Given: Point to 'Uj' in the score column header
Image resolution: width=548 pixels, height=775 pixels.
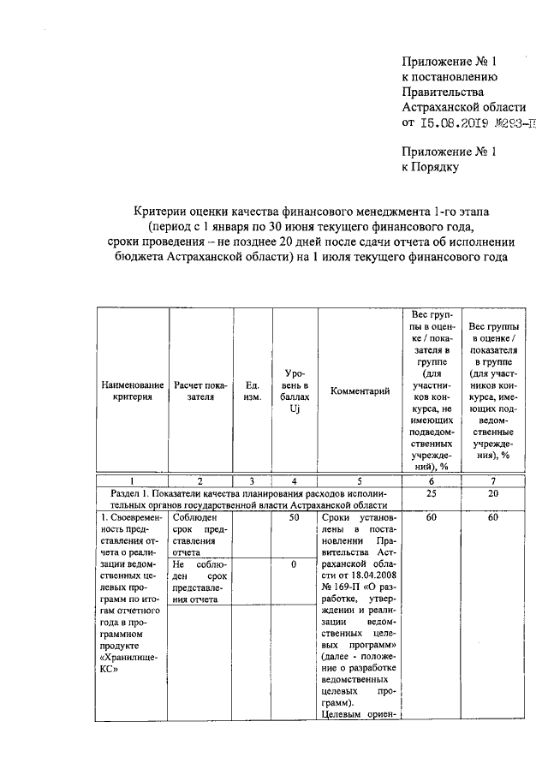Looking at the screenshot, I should coord(293,409).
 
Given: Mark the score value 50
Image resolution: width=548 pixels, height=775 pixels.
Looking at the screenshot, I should coord(293,519).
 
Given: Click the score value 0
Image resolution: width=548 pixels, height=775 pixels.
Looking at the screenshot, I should coord(293,565).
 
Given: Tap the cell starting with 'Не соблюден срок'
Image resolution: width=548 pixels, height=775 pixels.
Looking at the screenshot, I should coord(200,582).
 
